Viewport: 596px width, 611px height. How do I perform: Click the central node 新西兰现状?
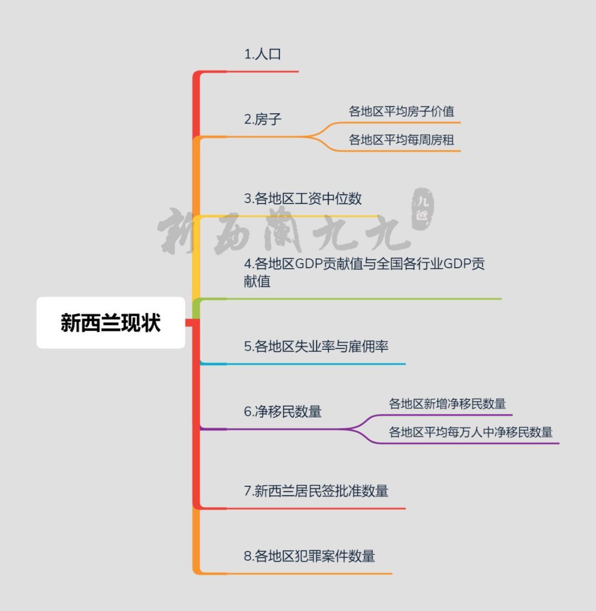coord(110,323)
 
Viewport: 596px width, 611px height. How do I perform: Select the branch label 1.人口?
coord(263,54)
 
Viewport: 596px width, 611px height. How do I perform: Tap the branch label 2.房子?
coord(263,119)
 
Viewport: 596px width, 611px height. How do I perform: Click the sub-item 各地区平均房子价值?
coord(401,111)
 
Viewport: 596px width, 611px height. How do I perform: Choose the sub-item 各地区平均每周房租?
coord(401,140)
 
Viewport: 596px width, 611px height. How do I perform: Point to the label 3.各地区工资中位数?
coord(302,199)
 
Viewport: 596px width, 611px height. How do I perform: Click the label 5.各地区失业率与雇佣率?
coord(316,347)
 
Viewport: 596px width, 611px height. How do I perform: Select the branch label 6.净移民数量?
coord(283,412)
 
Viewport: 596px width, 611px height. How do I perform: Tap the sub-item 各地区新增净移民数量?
coord(447,403)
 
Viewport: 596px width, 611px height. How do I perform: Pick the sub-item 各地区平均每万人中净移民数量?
coord(471,432)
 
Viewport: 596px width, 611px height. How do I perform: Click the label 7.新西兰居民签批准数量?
coord(316,491)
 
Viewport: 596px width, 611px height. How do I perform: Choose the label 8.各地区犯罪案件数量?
coord(309,556)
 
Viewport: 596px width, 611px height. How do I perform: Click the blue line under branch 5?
coord(303,364)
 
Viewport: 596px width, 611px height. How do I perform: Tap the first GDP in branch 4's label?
coord(308,264)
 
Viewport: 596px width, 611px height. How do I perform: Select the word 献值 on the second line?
coord(257,281)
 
